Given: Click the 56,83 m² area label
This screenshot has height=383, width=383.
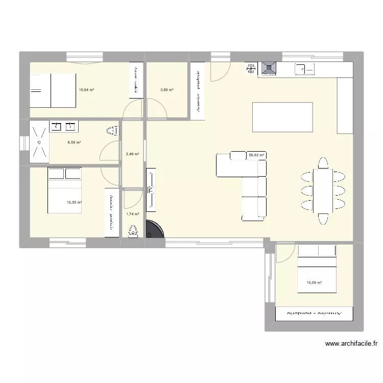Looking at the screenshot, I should coord(256,155).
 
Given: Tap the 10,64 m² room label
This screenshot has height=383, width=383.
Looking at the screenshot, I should coord(86,90).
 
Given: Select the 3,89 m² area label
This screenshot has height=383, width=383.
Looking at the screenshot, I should coord(167,90).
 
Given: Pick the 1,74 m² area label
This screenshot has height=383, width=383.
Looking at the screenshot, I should coord(133,214).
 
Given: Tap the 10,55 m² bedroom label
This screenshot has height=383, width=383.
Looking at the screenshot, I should coord(74,202).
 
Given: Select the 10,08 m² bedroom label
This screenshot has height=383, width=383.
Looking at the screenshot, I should coord(314,282).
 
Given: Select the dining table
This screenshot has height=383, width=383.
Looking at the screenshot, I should coord(323,190).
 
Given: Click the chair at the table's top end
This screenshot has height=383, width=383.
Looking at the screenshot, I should coord(323,163).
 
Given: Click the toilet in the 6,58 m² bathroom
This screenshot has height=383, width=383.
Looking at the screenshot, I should coord(113,131).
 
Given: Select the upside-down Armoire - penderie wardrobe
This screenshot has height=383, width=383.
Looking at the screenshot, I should coord(314,314).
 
